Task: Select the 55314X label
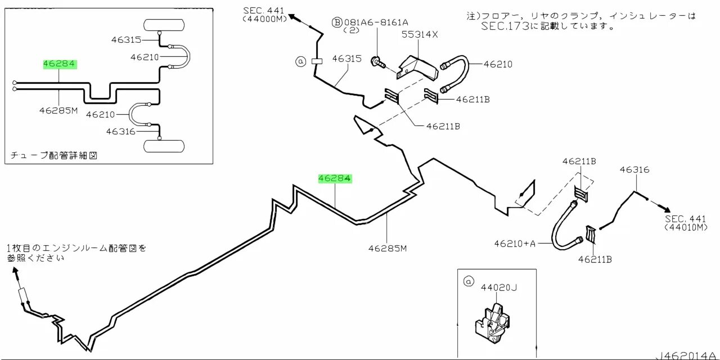click(x=419, y=34)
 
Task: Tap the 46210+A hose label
click(x=515, y=244)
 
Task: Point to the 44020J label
click(x=498, y=288)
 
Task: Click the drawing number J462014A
click(x=686, y=355)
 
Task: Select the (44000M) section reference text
click(x=264, y=19)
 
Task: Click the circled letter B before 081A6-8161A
click(x=336, y=22)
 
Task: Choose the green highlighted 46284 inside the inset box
click(x=60, y=64)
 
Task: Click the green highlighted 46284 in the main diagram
click(x=335, y=178)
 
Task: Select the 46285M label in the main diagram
click(x=388, y=248)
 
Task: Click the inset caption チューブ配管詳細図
click(x=54, y=155)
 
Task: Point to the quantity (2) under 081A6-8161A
click(x=350, y=30)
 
